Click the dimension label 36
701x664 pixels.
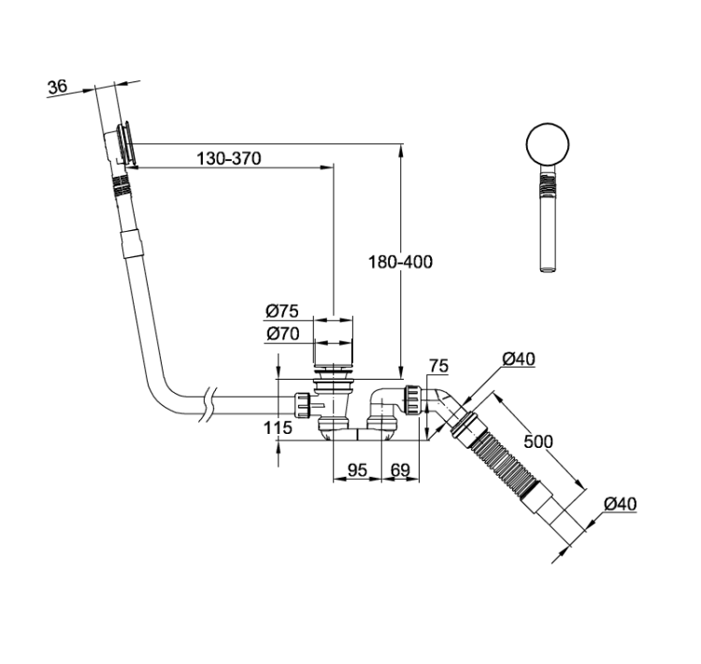58,86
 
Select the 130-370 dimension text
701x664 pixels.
229,158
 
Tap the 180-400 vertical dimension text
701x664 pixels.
400,262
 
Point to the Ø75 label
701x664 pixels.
281,311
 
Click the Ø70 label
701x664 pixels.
282,334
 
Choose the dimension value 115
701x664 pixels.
278,428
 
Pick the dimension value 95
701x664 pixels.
357,470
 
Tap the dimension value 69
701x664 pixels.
400,470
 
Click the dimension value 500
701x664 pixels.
538,441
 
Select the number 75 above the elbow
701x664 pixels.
438,366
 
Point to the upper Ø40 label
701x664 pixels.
519,359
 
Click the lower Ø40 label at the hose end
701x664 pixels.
621,504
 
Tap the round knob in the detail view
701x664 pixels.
548,145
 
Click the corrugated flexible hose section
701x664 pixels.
504,463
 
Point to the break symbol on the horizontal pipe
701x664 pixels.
208,405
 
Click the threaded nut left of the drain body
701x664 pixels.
302,405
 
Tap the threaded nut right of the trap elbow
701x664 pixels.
412,399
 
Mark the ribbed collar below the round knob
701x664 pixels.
548,186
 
